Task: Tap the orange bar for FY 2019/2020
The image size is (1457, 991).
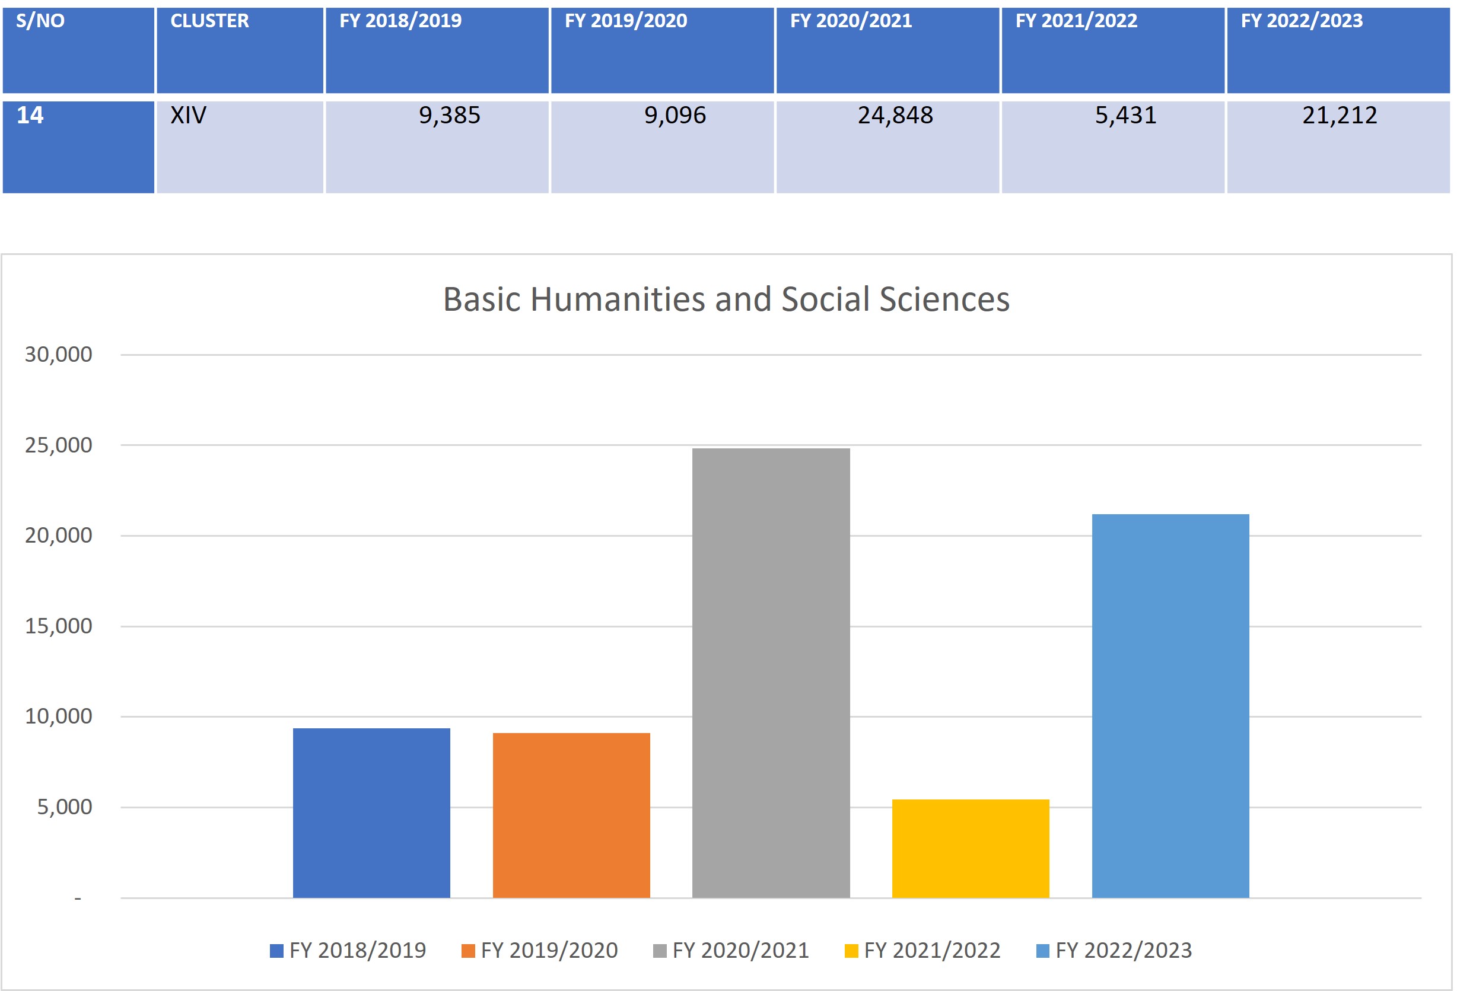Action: tap(571, 815)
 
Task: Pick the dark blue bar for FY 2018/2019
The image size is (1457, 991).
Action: tap(371, 812)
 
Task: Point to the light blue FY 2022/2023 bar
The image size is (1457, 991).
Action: tap(1170, 706)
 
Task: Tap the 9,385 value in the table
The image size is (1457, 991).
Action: tap(450, 115)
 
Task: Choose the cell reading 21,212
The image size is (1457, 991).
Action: tap(1339, 115)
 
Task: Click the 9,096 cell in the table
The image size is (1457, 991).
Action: tap(675, 115)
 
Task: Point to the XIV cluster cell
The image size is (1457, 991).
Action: tap(189, 115)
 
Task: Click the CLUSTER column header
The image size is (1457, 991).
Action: tap(209, 21)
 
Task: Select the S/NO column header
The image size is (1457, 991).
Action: tap(40, 21)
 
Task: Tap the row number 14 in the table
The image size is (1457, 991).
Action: tap(30, 115)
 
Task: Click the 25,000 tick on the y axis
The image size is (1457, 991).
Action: tap(58, 445)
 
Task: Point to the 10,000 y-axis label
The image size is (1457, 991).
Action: tap(58, 716)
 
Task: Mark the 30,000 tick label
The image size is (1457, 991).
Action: tap(58, 355)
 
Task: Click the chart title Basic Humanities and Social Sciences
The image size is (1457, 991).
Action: tap(726, 299)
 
